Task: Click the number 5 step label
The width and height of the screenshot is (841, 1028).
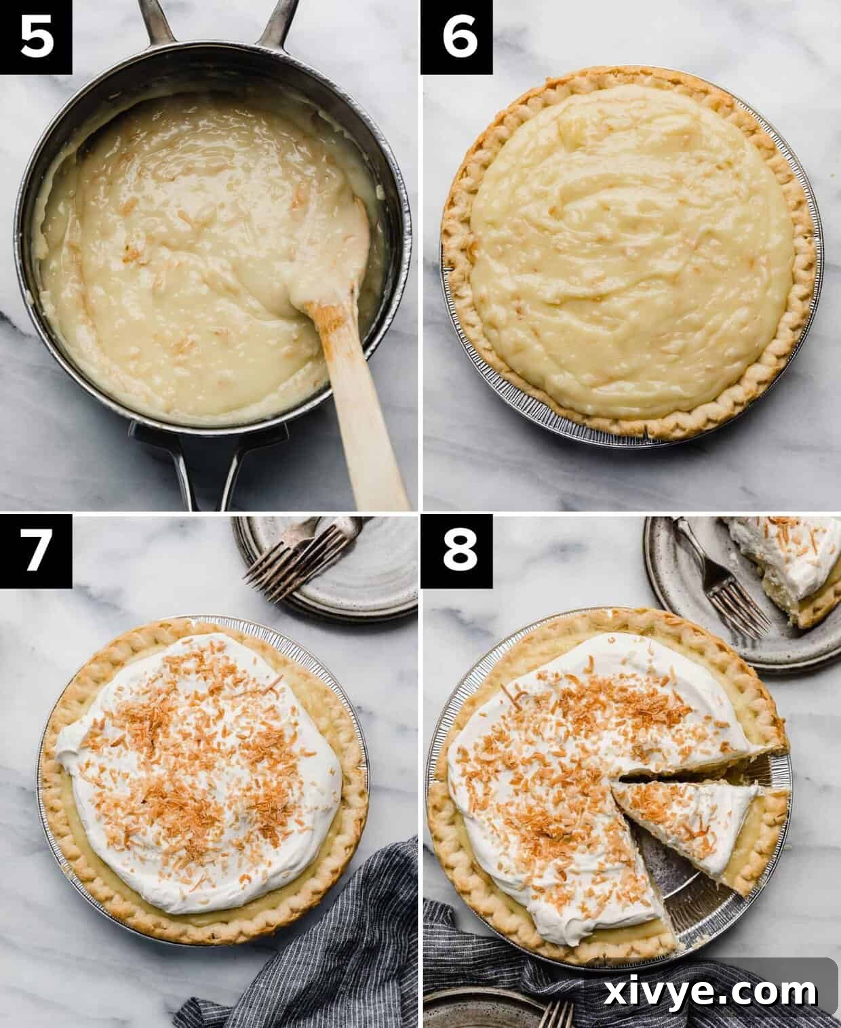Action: point(36,37)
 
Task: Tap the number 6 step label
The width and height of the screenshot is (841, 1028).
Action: point(456,37)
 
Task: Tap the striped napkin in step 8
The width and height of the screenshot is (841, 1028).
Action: point(475,976)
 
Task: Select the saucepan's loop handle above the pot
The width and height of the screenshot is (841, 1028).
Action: point(217,20)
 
